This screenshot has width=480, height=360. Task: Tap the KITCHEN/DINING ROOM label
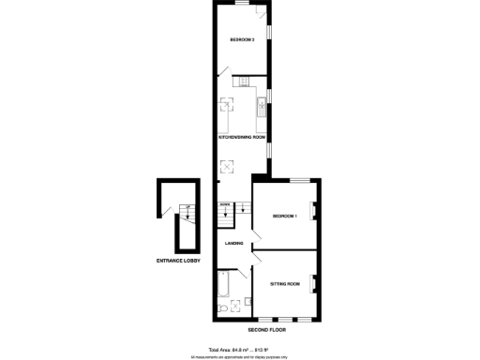tap(242, 137)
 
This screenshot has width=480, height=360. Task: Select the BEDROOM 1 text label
tap(284, 217)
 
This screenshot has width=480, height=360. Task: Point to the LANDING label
tap(234, 244)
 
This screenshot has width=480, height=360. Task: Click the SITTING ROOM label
tap(285, 282)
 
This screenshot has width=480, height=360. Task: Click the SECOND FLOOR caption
tap(266, 330)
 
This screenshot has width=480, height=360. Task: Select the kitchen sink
tap(262, 104)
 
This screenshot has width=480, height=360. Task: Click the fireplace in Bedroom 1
tap(314, 211)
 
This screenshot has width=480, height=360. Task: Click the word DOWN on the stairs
tap(225, 204)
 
